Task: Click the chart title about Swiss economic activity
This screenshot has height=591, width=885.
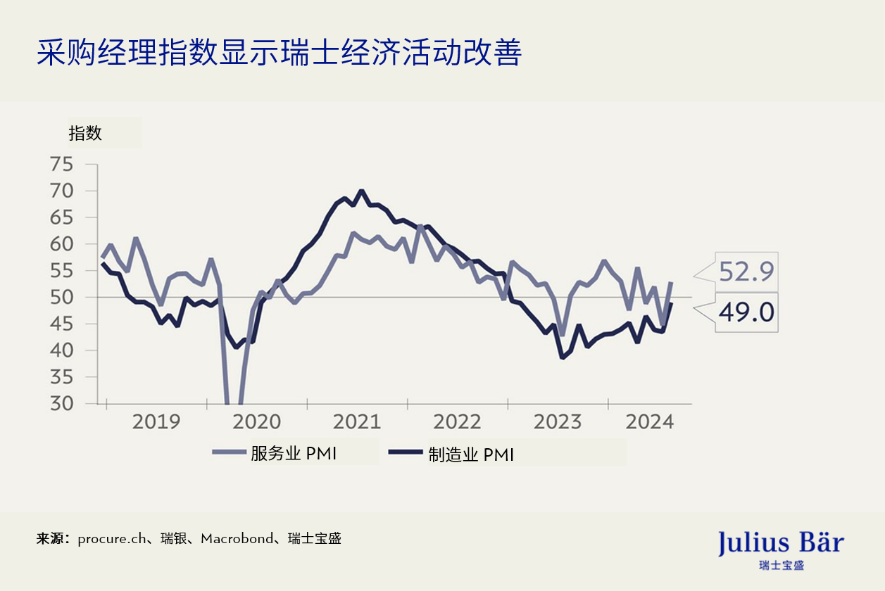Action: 279,52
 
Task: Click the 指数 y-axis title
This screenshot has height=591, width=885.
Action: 85,133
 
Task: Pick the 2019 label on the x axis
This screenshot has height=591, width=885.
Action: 156,422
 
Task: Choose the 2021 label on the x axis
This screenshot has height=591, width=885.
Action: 357,422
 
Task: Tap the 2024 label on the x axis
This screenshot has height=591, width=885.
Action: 650,422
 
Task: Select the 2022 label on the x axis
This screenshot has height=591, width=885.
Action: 457,422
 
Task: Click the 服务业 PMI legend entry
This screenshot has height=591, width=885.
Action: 276,453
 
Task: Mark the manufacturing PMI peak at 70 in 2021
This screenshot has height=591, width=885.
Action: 361,191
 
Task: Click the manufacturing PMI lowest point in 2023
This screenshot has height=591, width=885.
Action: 562,357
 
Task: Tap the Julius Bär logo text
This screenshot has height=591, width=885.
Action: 780,543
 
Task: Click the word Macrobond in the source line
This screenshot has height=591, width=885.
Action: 237,539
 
